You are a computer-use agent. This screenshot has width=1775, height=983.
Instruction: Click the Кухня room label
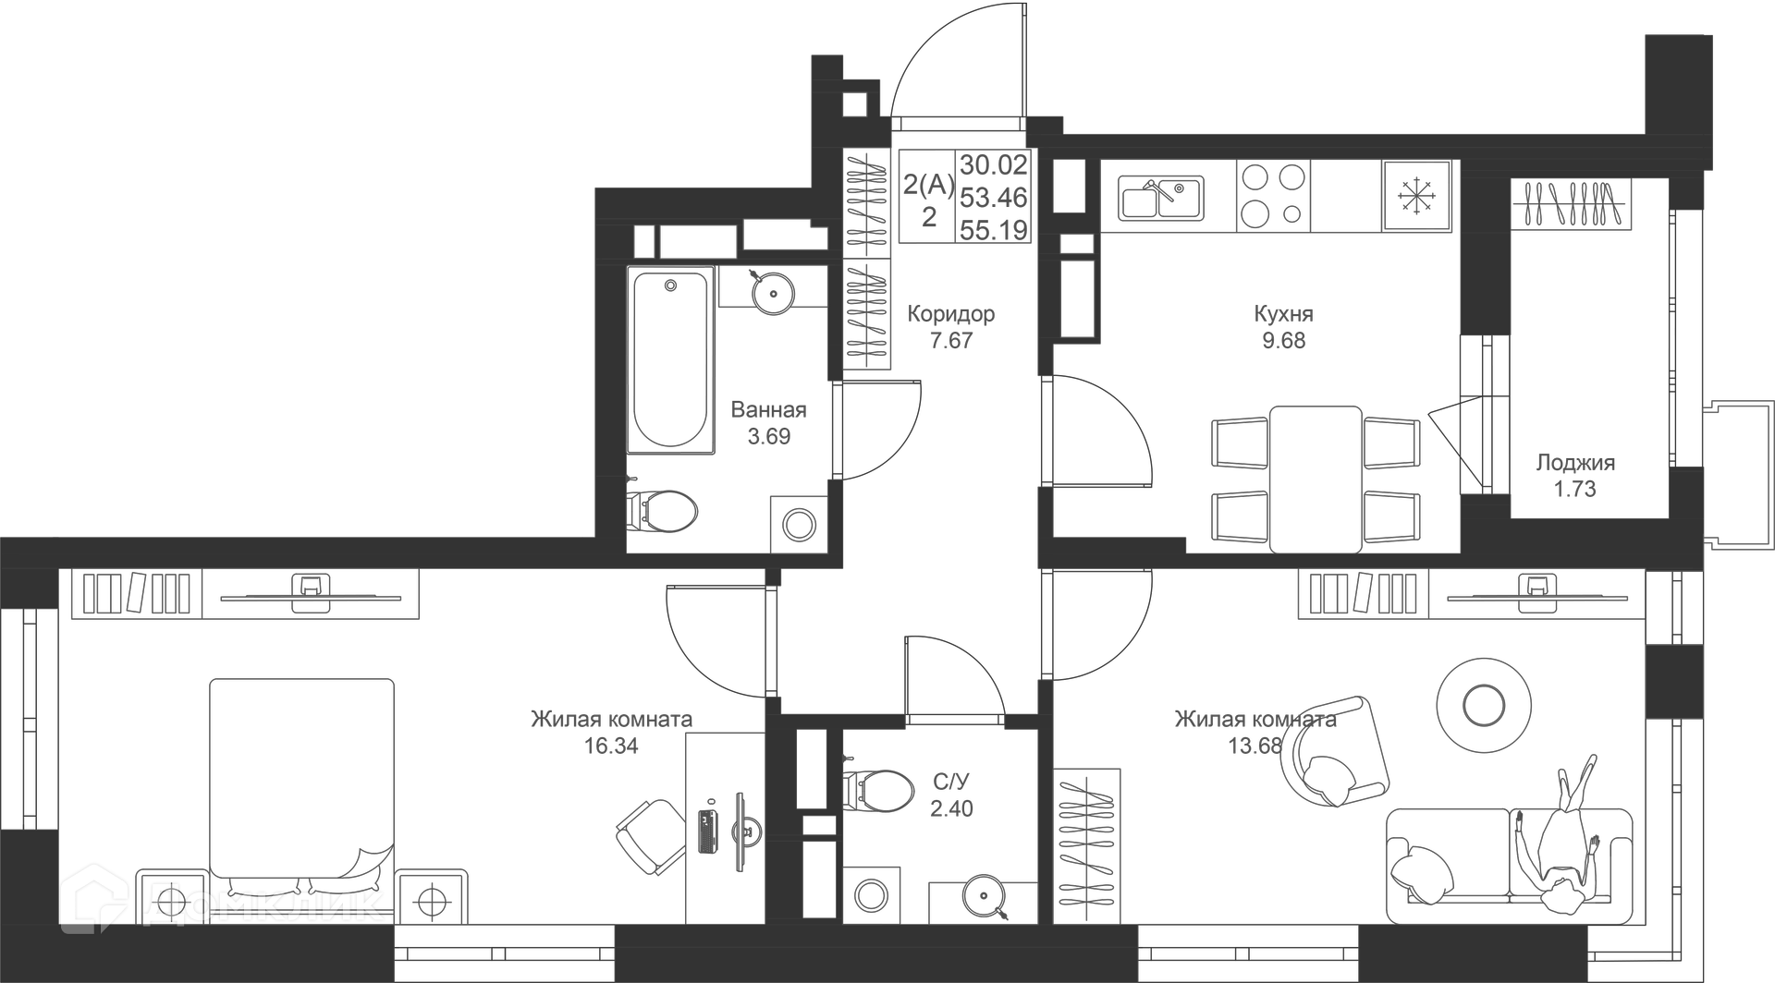(x=1283, y=313)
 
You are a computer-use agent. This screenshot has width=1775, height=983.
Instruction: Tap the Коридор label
(x=950, y=313)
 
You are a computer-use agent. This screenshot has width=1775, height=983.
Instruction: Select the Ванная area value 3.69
(x=768, y=436)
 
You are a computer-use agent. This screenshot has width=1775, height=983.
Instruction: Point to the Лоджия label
(x=1575, y=463)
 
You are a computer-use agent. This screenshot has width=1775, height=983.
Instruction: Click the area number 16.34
(x=611, y=746)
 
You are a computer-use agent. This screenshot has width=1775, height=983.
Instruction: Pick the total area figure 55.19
(x=994, y=230)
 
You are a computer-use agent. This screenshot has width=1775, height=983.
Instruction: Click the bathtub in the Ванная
(x=670, y=360)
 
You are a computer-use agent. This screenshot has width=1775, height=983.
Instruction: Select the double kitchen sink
(x=1161, y=199)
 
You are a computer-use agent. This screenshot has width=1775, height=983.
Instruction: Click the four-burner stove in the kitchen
(x=1273, y=195)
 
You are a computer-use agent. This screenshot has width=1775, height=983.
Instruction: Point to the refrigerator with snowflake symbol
(x=1419, y=195)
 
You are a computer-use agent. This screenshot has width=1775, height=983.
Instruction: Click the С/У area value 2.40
(x=951, y=808)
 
